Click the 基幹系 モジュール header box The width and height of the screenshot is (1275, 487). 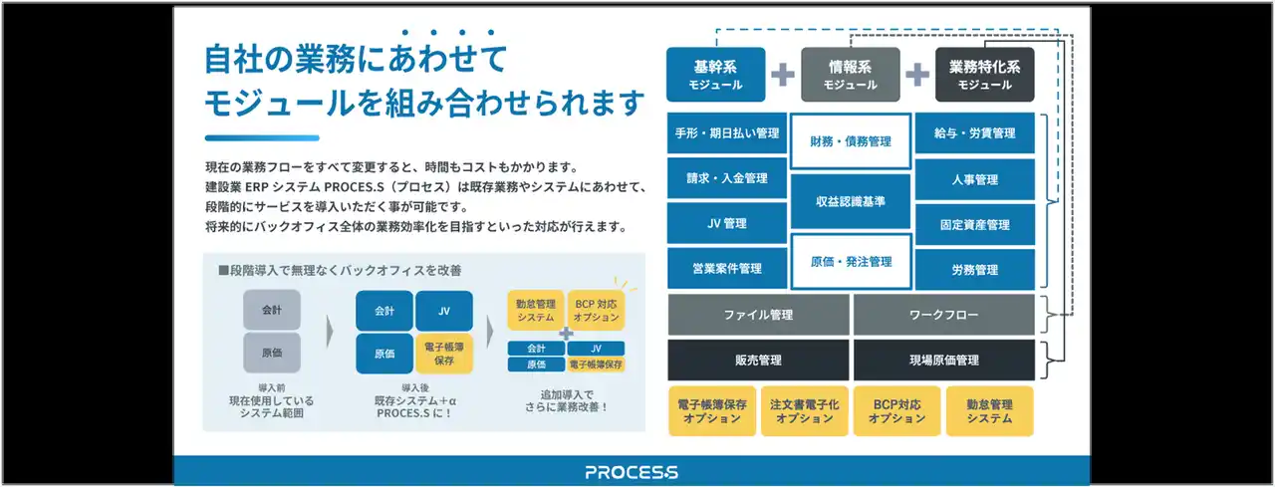pyautogui.click(x=715, y=75)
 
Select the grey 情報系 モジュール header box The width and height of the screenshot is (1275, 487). pyautogui.click(x=850, y=75)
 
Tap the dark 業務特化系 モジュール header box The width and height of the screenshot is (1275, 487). pyautogui.click(x=984, y=75)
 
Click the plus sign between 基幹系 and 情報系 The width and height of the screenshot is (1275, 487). pyautogui.click(x=783, y=75)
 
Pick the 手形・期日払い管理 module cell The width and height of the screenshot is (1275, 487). pyautogui.click(x=726, y=133)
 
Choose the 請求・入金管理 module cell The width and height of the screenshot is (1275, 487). pyautogui.click(x=726, y=178)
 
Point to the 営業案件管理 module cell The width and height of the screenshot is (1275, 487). pyautogui.click(x=726, y=269)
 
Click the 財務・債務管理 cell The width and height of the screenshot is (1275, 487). pyautogui.click(x=850, y=142)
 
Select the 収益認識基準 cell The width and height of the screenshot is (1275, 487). pyautogui.click(x=850, y=201)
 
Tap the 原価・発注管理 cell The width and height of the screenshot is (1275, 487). pyautogui.click(x=850, y=262)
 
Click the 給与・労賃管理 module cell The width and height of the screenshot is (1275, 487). pyautogui.click(x=974, y=133)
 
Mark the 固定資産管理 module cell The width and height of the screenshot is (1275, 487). pyautogui.click(x=974, y=224)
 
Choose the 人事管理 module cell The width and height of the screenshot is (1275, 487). pyautogui.click(x=974, y=179)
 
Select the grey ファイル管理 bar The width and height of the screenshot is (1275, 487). pyautogui.click(x=758, y=315)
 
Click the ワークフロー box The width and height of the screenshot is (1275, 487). pyautogui.click(x=943, y=315)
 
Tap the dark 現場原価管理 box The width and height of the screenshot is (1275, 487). pyautogui.click(x=943, y=361)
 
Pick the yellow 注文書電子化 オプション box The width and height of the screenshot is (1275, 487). pyautogui.click(x=804, y=411)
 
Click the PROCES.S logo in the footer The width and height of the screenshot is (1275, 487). pyautogui.click(x=632, y=472)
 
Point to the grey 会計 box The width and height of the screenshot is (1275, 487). pyautogui.click(x=272, y=310)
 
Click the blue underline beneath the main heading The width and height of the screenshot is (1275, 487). pyautogui.click(x=262, y=137)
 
